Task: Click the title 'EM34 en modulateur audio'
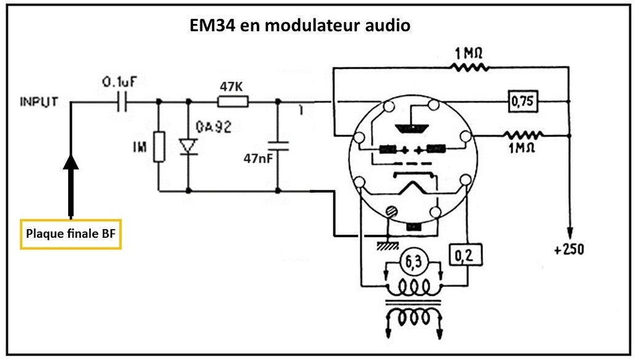(299, 26)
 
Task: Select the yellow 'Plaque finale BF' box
(71, 234)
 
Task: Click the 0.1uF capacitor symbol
(122, 102)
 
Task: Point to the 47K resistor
(232, 102)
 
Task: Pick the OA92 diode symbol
(188, 146)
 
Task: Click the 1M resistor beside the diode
(159, 146)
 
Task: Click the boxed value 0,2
(465, 254)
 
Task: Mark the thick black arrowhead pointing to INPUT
(71, 162)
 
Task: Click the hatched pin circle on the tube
(390, 212)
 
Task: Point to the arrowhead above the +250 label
(571, 233)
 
